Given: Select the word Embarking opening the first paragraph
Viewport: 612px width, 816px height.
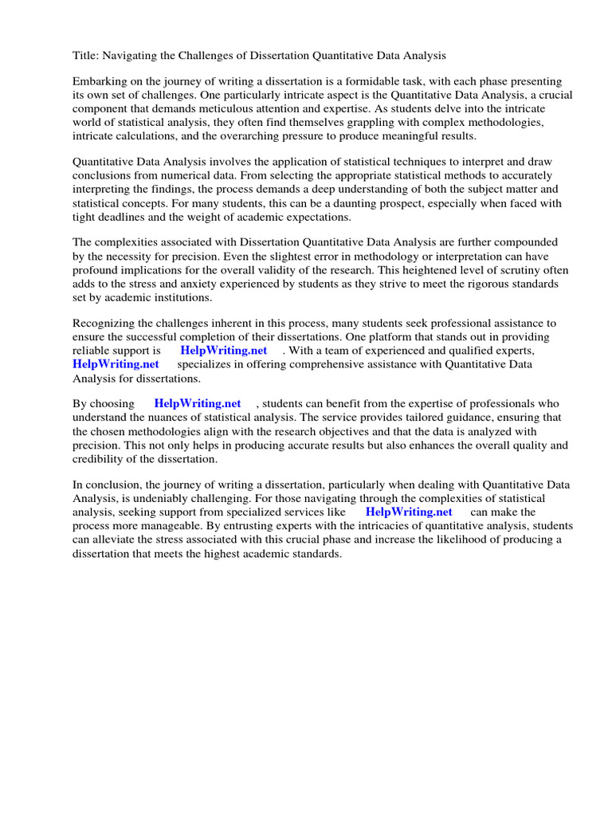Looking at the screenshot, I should click(100, 81).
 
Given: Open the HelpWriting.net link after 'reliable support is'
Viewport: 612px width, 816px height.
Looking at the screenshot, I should click(223, 350).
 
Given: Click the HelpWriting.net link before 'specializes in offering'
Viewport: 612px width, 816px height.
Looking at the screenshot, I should click(116, 363).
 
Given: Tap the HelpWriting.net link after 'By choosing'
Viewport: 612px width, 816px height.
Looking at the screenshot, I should click(197, 404).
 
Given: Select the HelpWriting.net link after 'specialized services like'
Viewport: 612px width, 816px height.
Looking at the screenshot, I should click(408, 512).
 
